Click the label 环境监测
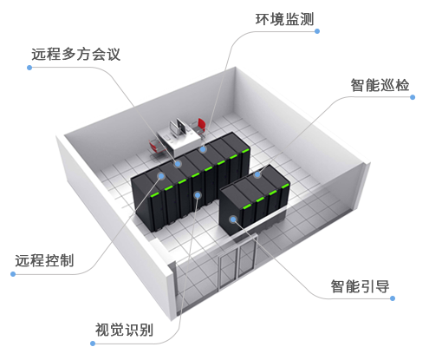point(284,19)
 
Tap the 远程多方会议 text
point(75,54)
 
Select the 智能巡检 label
point(380,85)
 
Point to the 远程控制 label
point(44,260)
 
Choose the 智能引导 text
point(360,286)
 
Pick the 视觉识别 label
point(124,330)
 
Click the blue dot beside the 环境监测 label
point(317,31)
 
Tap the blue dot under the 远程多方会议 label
point(29,68)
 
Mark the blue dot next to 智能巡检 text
point(413,97)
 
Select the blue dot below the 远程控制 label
point(13,274)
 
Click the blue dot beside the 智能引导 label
point(393,298)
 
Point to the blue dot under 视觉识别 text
point(93,344)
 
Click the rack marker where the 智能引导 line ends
point(233,219)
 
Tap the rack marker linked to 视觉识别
point(198,195)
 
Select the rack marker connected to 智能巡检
point(257,174)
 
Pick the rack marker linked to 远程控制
point(161,176)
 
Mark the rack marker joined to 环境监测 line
point(203,149)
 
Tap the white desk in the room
point(179,141)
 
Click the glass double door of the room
point(237,263)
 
